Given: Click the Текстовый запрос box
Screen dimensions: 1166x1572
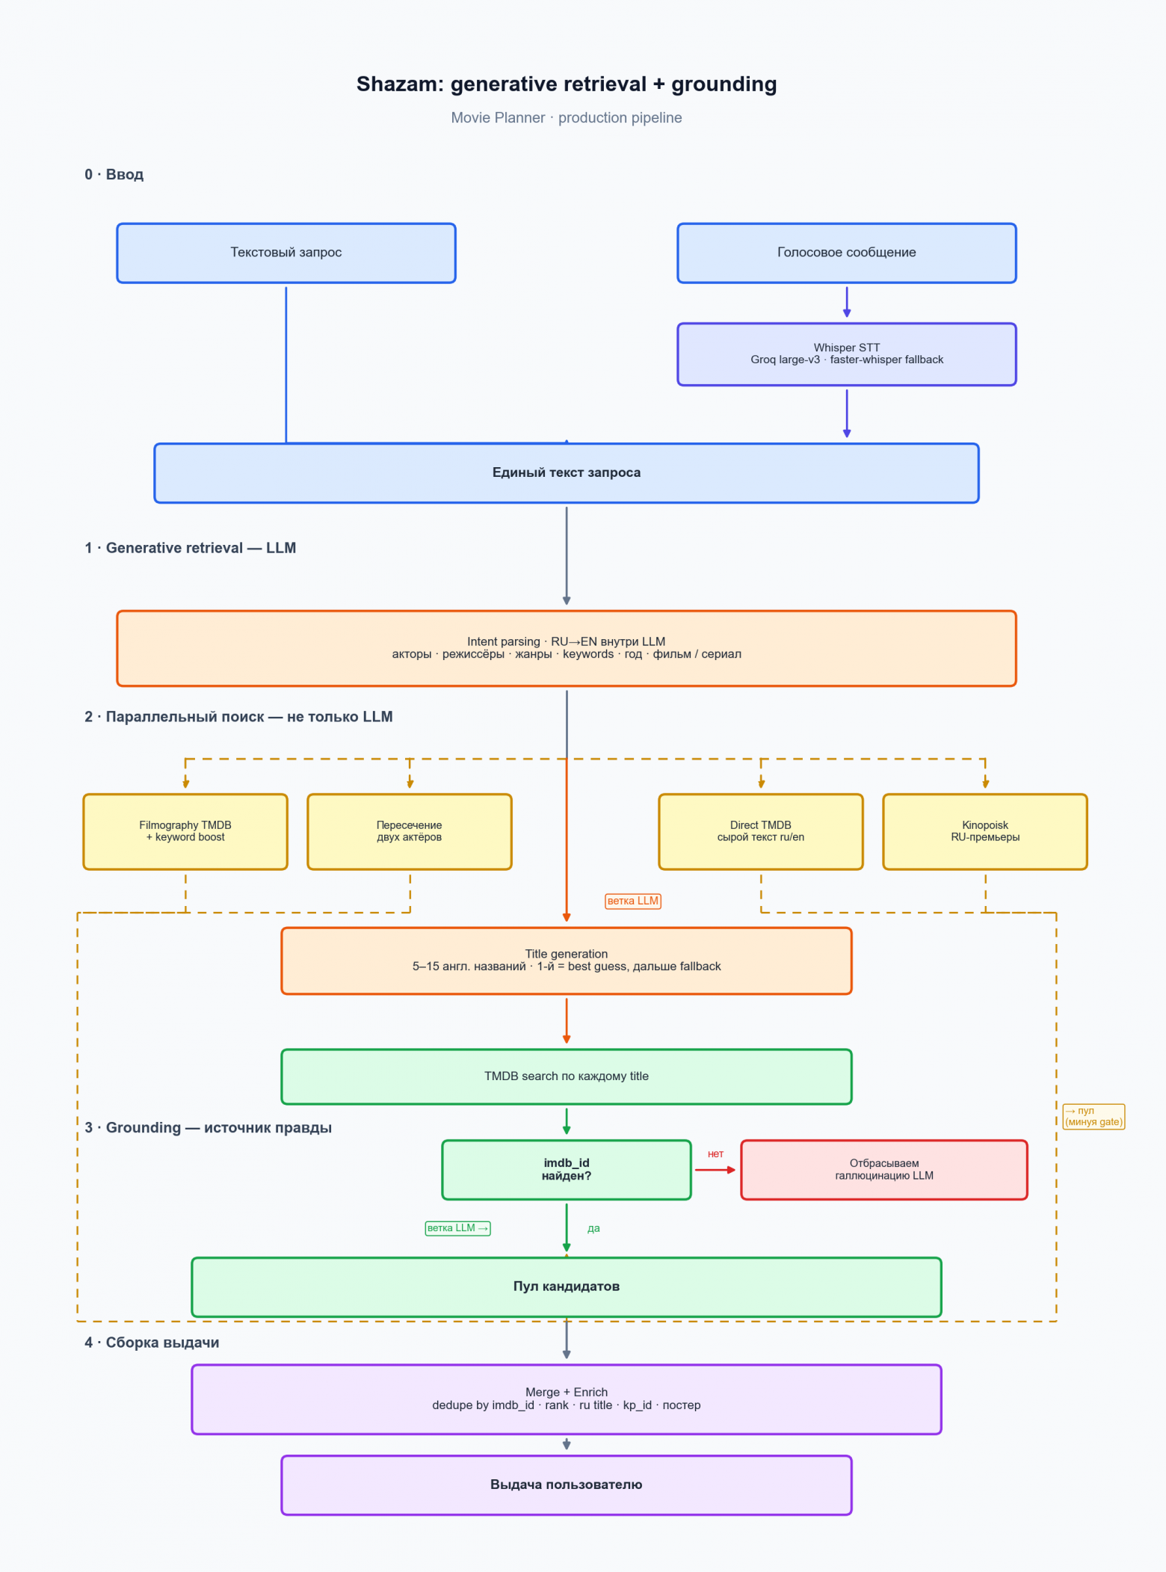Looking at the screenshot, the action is pos(286,253).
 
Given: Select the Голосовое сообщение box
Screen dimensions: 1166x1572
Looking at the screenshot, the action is pos(847,253).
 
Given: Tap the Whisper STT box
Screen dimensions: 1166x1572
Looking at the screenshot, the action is pos(847,354).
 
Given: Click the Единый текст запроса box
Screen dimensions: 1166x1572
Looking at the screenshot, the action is pos(567,473).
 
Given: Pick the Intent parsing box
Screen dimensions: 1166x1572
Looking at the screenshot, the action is pos(567,648).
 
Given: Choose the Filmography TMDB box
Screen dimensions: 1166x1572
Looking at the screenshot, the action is pos(185,831).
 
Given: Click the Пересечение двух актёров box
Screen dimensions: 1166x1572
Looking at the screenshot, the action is pos(410,831).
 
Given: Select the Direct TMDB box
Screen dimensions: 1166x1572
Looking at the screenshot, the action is pos(761,831).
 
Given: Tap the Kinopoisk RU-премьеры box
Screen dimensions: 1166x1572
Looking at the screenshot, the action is pos(985,831).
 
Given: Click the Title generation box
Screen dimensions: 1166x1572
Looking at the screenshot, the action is pos(567,961).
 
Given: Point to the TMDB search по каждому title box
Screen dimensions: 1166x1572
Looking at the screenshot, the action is pos(567,1076).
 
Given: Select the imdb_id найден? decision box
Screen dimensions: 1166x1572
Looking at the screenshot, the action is pos(567,1170).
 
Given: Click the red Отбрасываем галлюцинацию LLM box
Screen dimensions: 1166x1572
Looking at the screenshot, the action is pos(884,1170).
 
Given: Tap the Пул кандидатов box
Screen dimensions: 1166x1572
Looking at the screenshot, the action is pos(567,1286).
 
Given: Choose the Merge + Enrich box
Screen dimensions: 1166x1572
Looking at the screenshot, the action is pos(567,1399).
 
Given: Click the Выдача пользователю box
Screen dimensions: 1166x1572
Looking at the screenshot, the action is pos(567,1485).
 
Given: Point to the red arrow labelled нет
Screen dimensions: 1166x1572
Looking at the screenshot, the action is pos(715,1170).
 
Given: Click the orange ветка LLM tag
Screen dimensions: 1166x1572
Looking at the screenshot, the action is pos(633,901).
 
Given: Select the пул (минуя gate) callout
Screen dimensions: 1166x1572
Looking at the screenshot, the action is pos(1093,1117).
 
